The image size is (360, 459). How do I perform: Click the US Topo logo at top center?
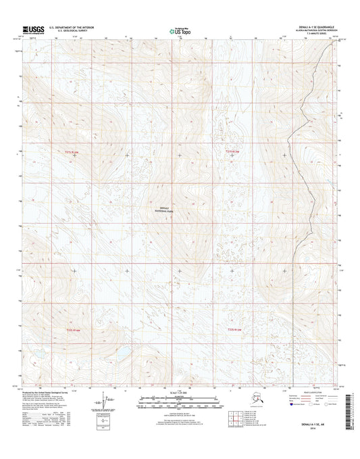tap(180, 30)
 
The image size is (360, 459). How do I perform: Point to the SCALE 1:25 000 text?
tap(179, 393)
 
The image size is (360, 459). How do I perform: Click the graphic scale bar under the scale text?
tap(180, 402)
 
